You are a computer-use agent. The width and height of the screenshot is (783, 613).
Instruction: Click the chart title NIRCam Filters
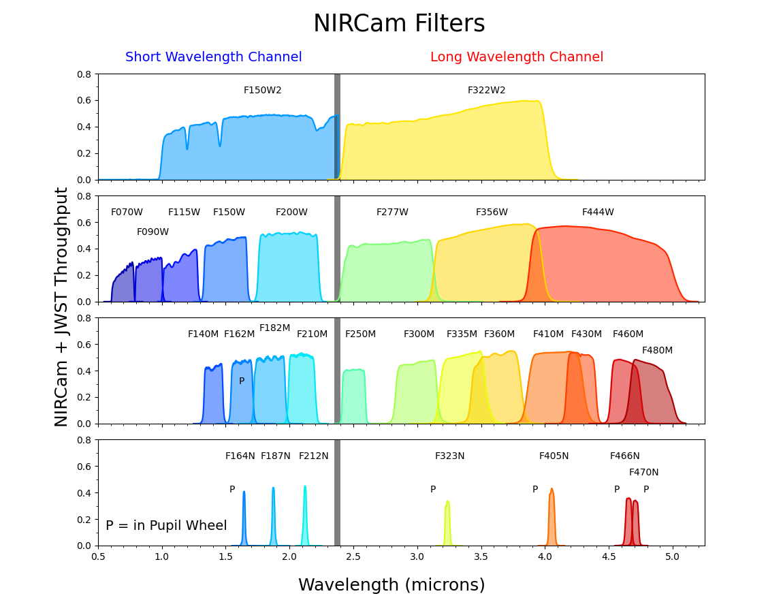coord(399,24)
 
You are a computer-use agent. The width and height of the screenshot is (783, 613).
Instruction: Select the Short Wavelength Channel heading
coord(213,57)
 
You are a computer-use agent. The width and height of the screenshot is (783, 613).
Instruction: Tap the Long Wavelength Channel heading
coord(516,57)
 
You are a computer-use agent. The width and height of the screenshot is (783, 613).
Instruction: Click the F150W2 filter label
coord(262,91)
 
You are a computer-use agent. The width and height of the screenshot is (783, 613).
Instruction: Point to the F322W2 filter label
coord(486,91)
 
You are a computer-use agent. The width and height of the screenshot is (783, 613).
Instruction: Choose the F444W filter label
coord(598,213)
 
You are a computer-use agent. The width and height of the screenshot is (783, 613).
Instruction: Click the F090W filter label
coord(153,232)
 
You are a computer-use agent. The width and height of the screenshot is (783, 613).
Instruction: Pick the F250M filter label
coord(360,334)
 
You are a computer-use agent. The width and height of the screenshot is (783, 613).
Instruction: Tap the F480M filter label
coord(657,351)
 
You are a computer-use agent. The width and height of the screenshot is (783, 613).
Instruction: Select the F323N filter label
coord(449,456)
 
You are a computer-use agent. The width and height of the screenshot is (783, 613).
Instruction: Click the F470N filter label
coord(643,473)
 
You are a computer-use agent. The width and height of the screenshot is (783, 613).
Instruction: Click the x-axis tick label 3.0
coord(417,556)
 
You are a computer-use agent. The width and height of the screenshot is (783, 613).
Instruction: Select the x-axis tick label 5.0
coord(672,556)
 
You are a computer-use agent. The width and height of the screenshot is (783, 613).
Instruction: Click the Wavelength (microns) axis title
coord(391,585)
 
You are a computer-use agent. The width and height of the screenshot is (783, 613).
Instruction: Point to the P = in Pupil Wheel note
coord(166,526)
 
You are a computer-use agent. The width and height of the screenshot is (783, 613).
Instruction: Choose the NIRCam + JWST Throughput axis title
coord(62,306)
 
